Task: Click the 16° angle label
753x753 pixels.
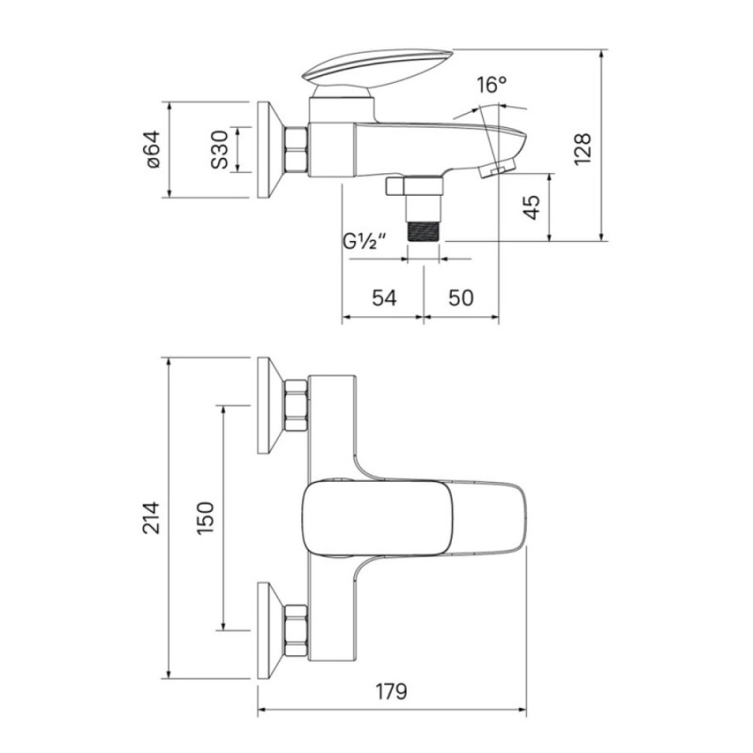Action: point(491,85)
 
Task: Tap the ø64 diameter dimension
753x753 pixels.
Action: point(152,150)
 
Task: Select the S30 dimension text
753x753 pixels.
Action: point(219,150)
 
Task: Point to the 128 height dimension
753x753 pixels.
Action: point(583,150)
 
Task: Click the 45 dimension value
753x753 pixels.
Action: point(531,207)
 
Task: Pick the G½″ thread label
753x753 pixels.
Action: point(365,241)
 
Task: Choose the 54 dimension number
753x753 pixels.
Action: point(384,297)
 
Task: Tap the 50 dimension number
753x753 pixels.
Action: point(460,297)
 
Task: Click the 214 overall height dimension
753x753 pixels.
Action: point(151,518)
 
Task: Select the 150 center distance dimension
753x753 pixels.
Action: point(205,518)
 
